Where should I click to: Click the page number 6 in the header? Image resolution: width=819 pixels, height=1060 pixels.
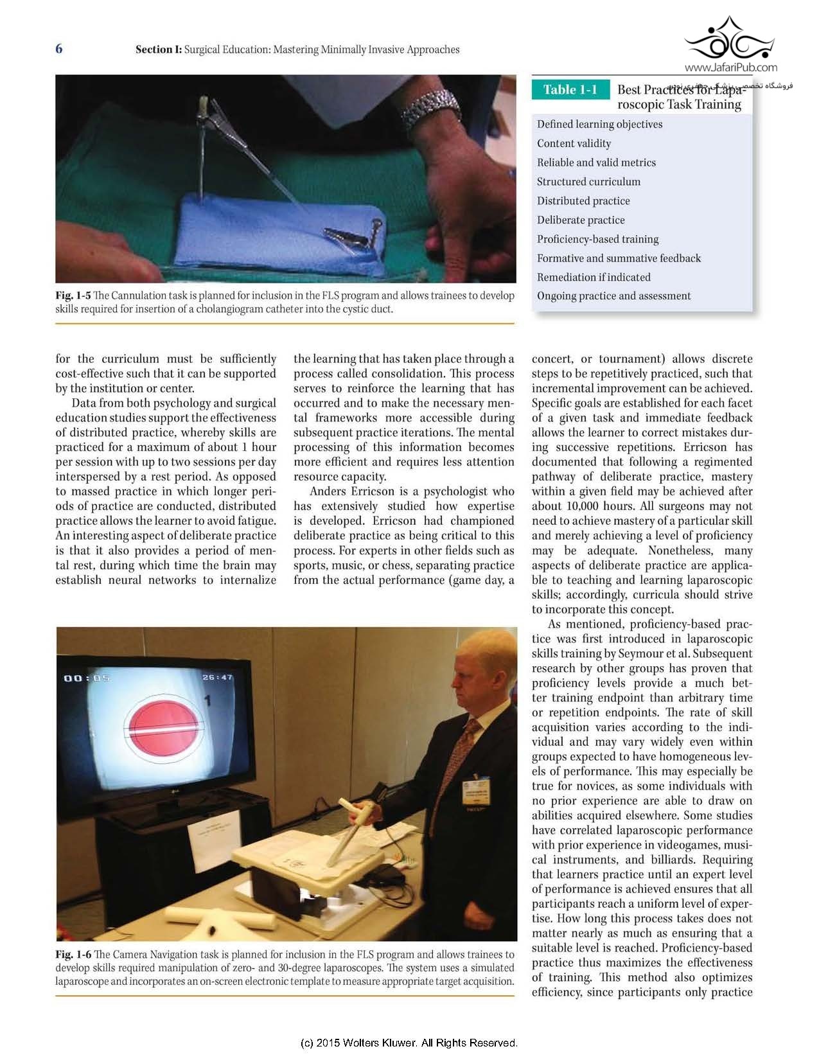pyautogui.click(x=59, y=49)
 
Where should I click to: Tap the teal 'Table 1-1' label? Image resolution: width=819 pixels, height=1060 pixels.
pyautogui.click(x=570, y=90)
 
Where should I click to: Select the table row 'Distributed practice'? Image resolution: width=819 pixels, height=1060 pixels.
pyautogui.click(x=583, y=201)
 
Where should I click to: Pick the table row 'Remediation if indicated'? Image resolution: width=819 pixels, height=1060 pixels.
pyautogui.click(x=594, y=278)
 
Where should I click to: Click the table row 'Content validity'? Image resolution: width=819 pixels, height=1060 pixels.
pyautogui.click(x=574, y=143)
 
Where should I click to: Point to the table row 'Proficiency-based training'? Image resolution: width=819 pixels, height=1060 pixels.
pyautogui.click(x=597, y=239)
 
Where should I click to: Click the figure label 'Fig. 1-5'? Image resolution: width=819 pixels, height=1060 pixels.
pyautogui.click(x=73, y=296)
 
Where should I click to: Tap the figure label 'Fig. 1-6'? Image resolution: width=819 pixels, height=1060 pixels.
pyautogui.click(x=73, y=955)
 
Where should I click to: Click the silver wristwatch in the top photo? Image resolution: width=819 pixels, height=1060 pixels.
pyautogui.click(x=429, y=106)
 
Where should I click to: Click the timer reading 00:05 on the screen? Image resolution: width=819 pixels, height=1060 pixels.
pyautogui.click(x=87, y=678)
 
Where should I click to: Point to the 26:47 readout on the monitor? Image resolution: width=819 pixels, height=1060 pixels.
pyautogui.click(x=218, y=677)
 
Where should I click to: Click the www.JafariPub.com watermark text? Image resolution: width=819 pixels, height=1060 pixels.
pyautogui.click(x=730, y=67)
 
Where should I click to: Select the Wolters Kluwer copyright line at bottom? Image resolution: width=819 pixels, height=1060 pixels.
pyautogui.click(x=409, y=1043)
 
